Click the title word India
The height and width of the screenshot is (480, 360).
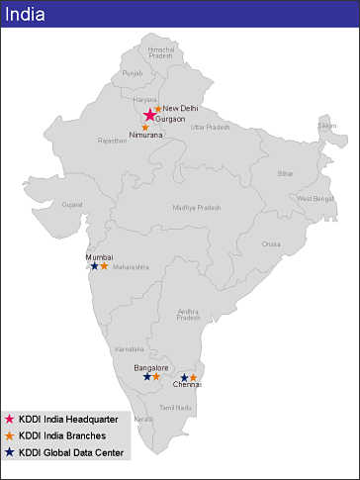[x=26, y=14]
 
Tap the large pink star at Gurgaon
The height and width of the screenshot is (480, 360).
[x=149, y=116]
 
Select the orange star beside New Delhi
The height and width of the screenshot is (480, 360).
[x=158, y=108]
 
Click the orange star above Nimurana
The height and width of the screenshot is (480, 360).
[x=146, y=127]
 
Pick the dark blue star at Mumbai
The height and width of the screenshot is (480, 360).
[x=94, y=266]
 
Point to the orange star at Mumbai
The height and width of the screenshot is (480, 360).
[x=104, y=266]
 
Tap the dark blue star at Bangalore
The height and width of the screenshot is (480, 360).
[x=147, y=376]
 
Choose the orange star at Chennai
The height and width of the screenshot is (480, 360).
[x=193, y=377]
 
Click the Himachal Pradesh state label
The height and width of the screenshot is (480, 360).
[x=160, y=52]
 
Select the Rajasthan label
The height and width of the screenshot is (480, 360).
[x=112, y=141]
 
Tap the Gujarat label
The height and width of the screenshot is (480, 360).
[x=72, y=205]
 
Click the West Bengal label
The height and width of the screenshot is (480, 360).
[x=315, y=199]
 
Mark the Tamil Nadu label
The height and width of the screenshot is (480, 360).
[x=175, y=408]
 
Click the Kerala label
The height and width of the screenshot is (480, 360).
[x=144, y=420]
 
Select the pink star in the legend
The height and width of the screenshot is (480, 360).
[x=10, y=420]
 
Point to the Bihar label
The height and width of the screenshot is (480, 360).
[x=286, y=173]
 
